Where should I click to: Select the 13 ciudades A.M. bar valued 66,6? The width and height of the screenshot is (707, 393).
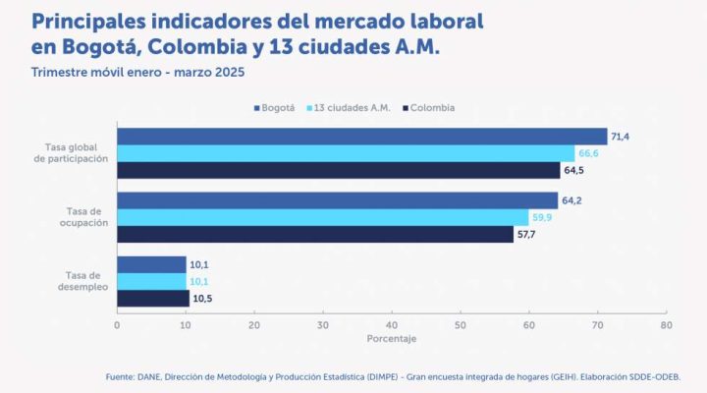click(346, 153)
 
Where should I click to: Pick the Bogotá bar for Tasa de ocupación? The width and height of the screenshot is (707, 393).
click(337, 200)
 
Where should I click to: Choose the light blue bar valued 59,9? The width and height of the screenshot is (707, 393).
click(322, 217)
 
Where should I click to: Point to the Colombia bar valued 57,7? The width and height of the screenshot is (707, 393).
click(314, 234)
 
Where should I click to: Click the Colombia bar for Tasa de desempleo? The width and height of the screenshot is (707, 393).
click(153, 298)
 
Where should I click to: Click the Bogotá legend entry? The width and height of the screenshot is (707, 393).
click(274, 107)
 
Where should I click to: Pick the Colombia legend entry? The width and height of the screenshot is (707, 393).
click(428, 107)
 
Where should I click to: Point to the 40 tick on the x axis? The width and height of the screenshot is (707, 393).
click(392, 324)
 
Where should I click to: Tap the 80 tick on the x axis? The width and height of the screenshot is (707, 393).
click(666, 324)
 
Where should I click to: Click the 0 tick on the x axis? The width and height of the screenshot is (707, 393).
click(117, 324)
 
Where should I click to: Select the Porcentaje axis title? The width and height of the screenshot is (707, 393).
click(392, 339)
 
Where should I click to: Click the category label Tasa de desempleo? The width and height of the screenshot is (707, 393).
click(82, 282)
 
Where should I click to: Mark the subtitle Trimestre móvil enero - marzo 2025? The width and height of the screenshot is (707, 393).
click(137, 73)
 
